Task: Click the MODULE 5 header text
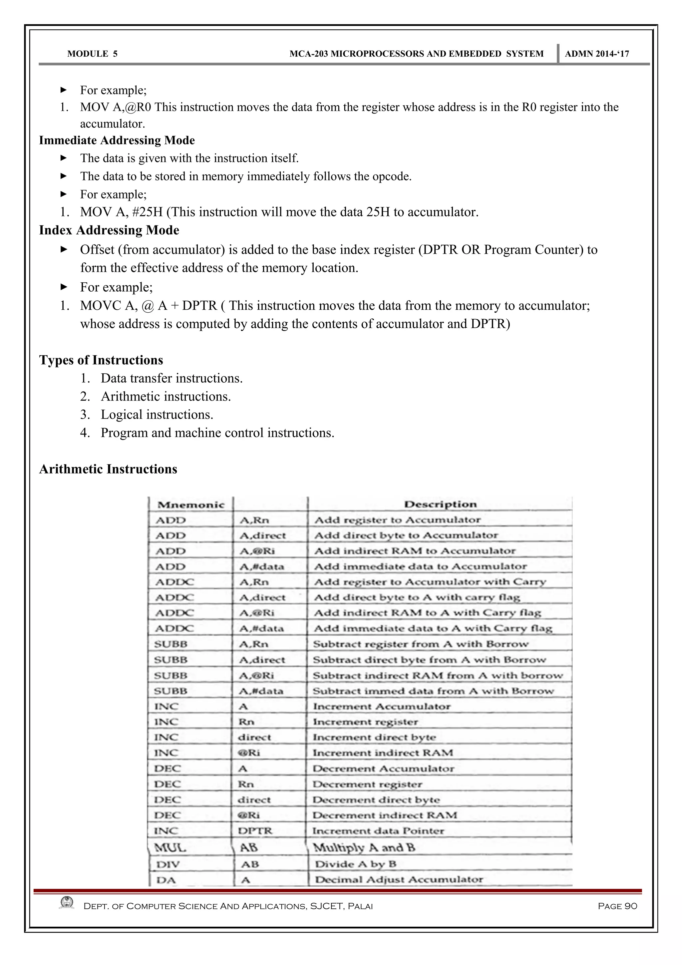pos(93,54)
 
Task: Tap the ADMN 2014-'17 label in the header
pos(597,54)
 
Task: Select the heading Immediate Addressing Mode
pos(117,141)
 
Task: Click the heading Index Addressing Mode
pos(109,230)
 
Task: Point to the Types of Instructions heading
pos(101,360)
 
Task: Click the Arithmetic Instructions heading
pos(108,469)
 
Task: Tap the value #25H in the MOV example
pos(147,212)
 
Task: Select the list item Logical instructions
pos(157,415)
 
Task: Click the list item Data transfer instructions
pos(171,378)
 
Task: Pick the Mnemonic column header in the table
pos(191,505)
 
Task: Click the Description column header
pos(440,504)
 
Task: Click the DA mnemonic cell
pos(166,880)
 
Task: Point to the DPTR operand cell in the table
pos(255,831)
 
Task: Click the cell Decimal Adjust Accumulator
pos(399,880)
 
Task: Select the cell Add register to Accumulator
pos(397,520)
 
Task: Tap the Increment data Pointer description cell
pos(378,831)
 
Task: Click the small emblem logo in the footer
pos(67,903)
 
